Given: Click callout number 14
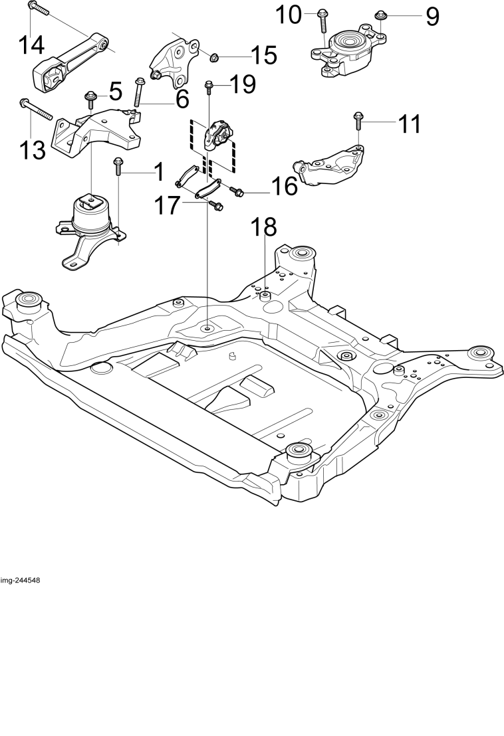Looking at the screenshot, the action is click(32, 45).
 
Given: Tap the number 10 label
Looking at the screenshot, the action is click(289, 15).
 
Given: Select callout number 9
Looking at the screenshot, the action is click(433, 17).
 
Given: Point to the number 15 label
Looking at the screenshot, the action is click(264, 55).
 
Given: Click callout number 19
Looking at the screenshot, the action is click(243, 84).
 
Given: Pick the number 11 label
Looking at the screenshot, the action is click(410, 124).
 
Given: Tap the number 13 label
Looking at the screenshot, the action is click(32, 150).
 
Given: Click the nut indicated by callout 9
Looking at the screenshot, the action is click(380, 16).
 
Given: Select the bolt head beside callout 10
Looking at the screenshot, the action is click(322, 13).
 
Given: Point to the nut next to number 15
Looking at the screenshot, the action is click(213, 58).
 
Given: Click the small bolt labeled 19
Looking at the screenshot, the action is click(209, 88).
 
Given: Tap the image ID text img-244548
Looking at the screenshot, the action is click(20, 580).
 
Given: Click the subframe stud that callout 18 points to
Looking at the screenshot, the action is click(265, 296).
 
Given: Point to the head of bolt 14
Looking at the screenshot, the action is click(32, 5).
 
